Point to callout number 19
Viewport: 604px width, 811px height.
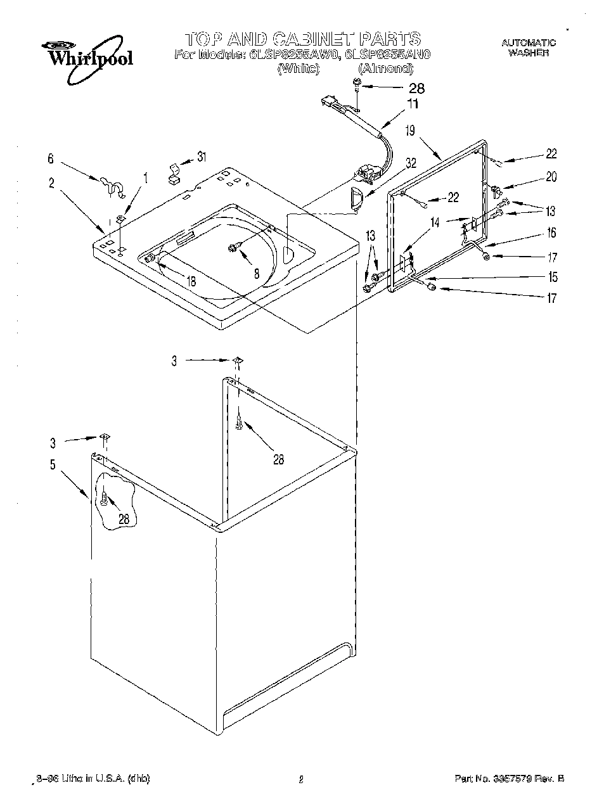410,131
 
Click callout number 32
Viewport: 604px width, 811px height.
411,162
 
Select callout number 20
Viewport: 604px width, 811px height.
551,177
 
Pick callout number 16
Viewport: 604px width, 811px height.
551,233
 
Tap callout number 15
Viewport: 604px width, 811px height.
553,277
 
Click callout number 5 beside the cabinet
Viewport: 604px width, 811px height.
53,464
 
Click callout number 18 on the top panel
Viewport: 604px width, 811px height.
191,281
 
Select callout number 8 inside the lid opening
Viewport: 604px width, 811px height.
256,274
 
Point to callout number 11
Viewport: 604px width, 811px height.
413,105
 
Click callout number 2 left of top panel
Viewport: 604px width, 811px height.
51,184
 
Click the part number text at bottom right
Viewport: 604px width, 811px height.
509,779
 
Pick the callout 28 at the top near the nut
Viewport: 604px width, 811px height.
416,89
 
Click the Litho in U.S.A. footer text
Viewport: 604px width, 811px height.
93,779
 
